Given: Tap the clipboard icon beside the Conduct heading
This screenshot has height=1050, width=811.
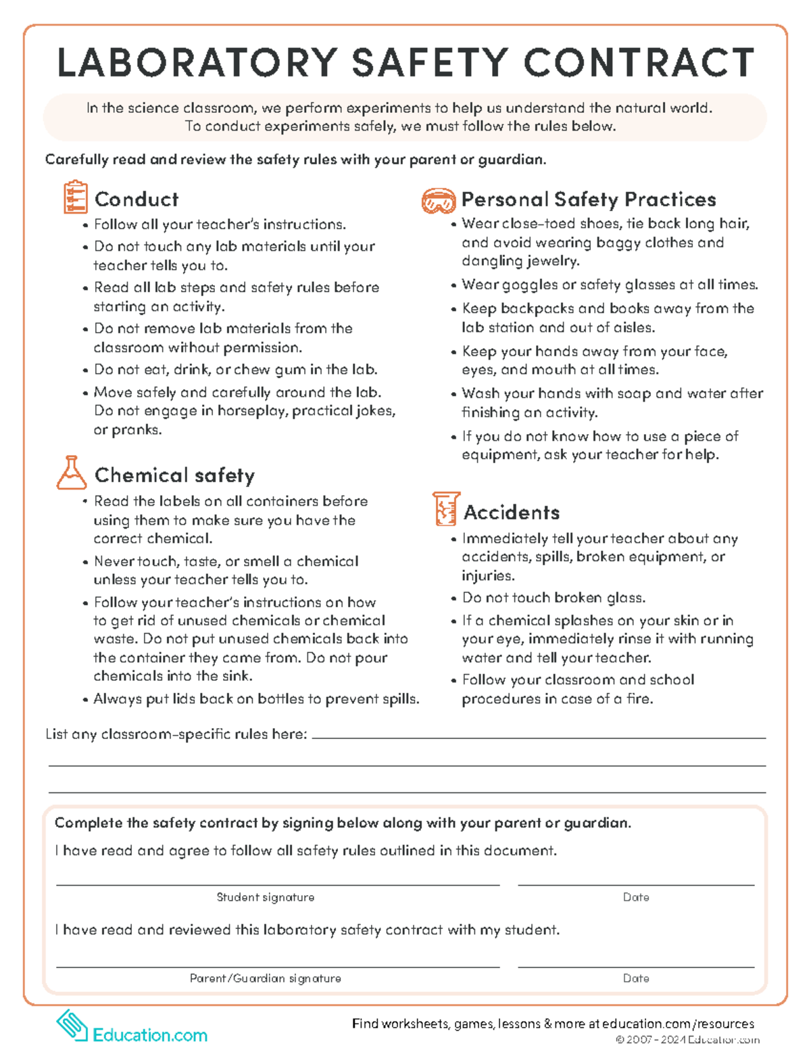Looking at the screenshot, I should point(75,197).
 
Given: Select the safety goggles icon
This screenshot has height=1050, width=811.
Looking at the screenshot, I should point(438,200).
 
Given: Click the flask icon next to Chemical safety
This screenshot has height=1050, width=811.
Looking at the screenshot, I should point(71,473).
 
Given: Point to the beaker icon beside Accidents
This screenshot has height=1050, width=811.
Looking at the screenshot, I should point(445,509).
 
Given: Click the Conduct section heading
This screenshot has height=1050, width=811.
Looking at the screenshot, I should point(137,199).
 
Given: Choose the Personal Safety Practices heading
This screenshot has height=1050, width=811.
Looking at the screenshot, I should point(588,199).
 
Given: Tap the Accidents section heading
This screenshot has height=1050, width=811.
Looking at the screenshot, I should point(512,512).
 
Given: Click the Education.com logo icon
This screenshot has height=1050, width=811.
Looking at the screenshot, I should point(72,1025).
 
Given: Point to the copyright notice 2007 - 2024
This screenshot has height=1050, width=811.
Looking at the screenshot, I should point(687,1040).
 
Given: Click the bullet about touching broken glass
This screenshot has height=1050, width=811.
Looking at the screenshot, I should point(554,598).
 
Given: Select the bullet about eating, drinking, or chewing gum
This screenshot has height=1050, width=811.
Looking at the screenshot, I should point(235,369).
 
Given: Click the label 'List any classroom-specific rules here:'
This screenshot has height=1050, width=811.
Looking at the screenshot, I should point(176,734).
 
